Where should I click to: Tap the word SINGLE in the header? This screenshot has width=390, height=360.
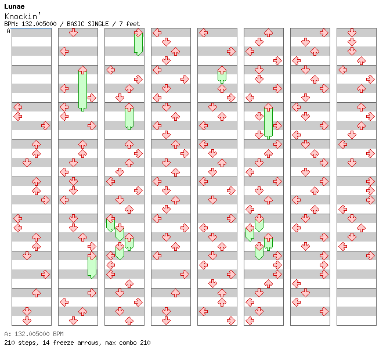(x=105, y=24)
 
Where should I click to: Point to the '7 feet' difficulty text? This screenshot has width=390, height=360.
(x=130, y=24)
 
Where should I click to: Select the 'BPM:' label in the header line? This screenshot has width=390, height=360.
(x=10, y=24)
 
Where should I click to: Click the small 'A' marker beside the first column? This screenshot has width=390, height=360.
(x=8, y=31)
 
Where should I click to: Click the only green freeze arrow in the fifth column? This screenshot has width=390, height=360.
(x=222, y=74)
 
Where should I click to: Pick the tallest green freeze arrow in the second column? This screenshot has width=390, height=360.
(x=82, y=88)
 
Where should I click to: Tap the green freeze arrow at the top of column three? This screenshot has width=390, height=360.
(x=138, y=43)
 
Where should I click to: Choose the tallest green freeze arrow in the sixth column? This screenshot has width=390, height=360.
(x=268, y=121)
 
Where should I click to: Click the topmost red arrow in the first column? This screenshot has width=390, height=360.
(x=17, y=107)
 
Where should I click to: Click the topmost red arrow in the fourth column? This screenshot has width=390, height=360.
(x=157, y=33)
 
